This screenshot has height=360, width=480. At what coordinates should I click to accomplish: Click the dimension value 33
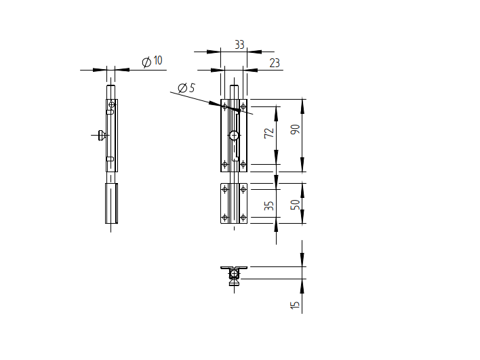pyautogui.click(x=239, y=45)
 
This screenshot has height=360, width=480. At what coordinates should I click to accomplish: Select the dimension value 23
pyautogui.click(x=274, y=63)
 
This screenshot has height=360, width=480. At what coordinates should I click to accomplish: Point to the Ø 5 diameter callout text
pyautogui.click(x=186, y=88)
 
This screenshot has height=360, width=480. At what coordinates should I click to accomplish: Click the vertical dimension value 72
pyautogui.click(x=269, y=133)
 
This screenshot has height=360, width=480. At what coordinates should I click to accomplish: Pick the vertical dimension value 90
pyautogui.click(x=295, y=129)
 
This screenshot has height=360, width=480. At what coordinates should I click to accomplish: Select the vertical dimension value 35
pyautogui.click(x=269, y=205)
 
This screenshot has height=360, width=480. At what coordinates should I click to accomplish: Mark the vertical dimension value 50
pyautogui.click(x=295, y=204)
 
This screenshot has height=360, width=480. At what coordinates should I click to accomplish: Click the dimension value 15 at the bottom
pyautogui.click(x=295, y=304)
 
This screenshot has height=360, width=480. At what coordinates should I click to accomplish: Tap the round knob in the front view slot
pyautogui.click(x=234, y=135)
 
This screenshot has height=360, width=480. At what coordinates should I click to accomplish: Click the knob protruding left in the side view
pyautogui.click(x=101, y=135)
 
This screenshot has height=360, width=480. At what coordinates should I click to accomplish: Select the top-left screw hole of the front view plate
pyautogui.click(x=225, y=105)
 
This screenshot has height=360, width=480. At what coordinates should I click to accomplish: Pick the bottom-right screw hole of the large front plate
pyautogui.click(x=243, y=163)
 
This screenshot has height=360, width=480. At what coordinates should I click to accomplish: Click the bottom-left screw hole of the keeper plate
pyautogui.click(x=225, y=217)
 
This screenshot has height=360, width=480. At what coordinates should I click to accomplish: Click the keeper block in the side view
pyautogui.click(x=111, y=203)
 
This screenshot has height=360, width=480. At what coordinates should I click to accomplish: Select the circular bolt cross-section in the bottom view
pyautogui.click(x=234, y=274)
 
